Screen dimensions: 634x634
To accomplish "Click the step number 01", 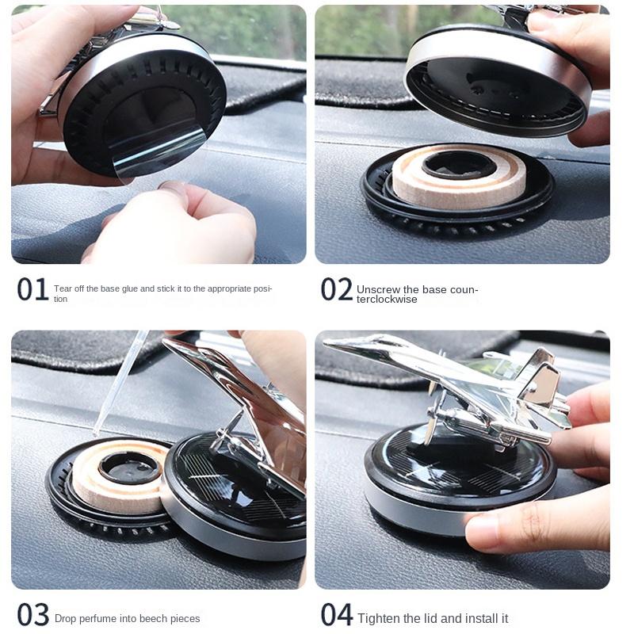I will click(x=32, y=290).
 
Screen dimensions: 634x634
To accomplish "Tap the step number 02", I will click(x=336, y=290).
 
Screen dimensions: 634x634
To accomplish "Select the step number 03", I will click(x=32, y=616).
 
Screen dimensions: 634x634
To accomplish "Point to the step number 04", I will click(x=336, y=616).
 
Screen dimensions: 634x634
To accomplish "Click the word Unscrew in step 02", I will click(x=377, y=290).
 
